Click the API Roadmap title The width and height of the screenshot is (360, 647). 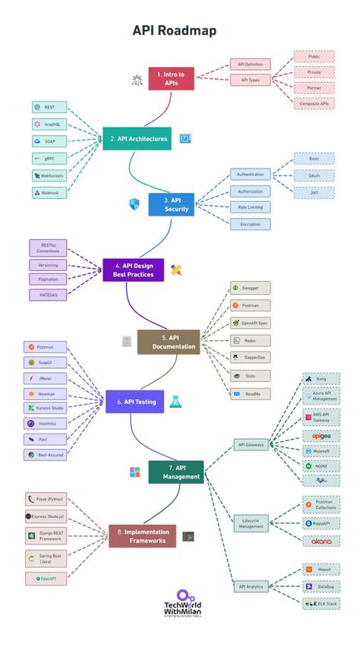[175, 30]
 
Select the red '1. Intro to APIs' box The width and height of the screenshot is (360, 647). [171, 77]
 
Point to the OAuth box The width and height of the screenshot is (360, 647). [314, 176]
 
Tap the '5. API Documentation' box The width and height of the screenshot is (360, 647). [168, 342]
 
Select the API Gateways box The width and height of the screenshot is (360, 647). [251, 445]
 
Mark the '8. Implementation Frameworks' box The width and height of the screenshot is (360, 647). [142, 536]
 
